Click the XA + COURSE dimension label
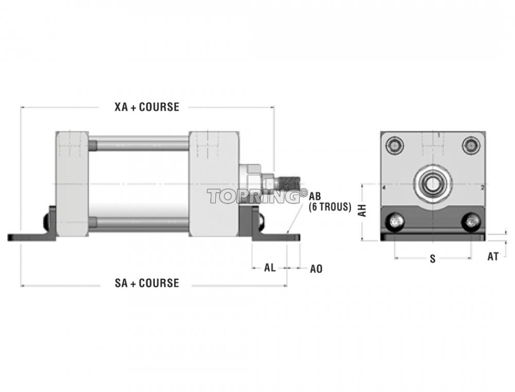(147, 107)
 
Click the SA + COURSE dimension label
(147, 283)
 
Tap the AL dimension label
(270, 268)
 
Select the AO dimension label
(316, 269)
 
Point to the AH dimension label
(362, 210)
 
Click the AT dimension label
(493, 257)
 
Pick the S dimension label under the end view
(433, 259)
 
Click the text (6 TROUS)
(330, 207)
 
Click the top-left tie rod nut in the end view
(394, 145)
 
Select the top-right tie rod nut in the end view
(471, 145)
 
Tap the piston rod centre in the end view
(433, 184)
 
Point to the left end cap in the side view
(72, 184)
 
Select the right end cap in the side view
(214, 184)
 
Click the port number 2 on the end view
(482, 188)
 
